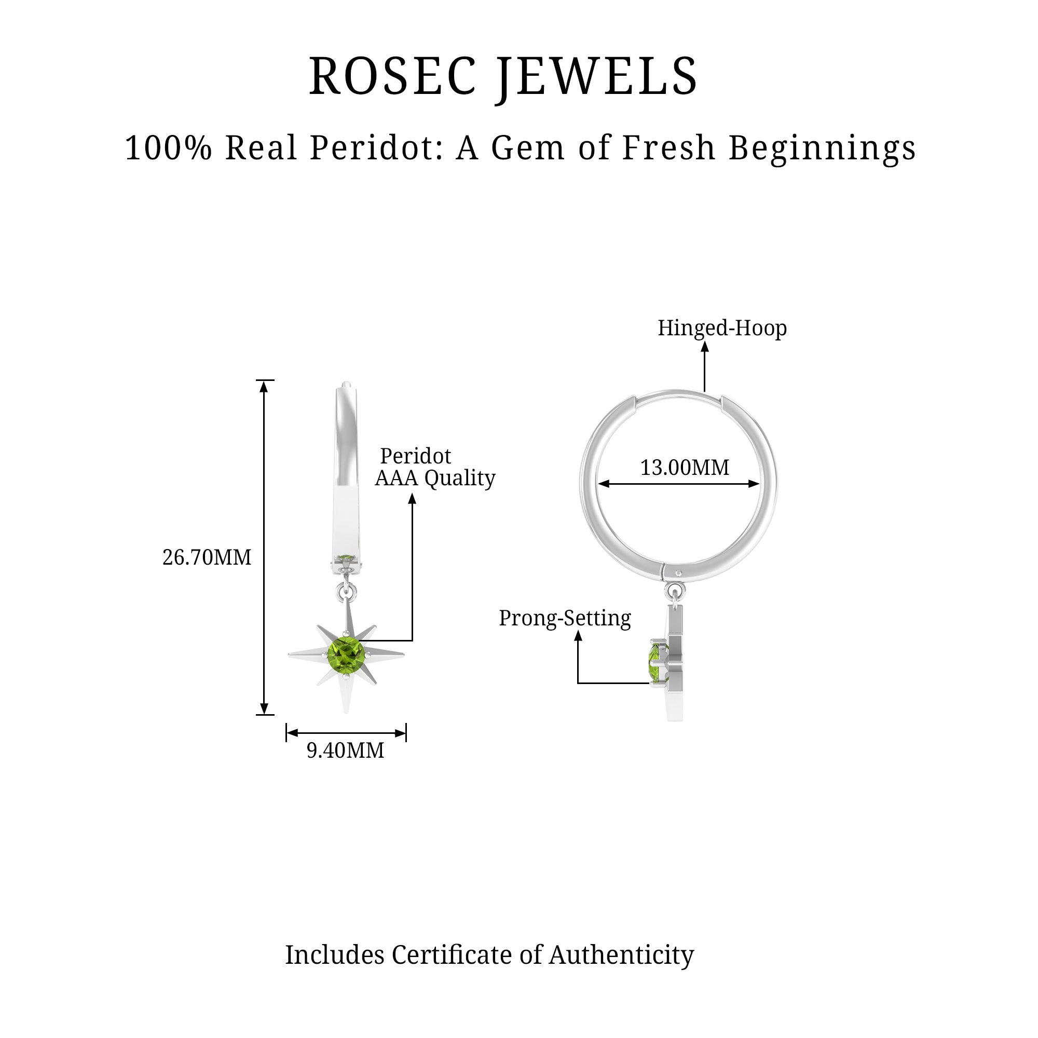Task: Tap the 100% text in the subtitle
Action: pyautogui.click(x=168, y=148)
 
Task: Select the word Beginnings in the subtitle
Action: pyautogui.click(x=822, y=148)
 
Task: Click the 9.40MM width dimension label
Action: pyautogui.click(x=346, y=750)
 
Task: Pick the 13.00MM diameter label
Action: pyautogui.click(x=685, y=468)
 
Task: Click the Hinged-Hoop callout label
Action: pyautogui.click(x=722, y=327)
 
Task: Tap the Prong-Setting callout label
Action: pyautogui.click(x=565, y=618)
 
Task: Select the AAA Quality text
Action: pyautogui.click(x=435, y=477)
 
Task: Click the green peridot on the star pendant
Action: pyautogui.click(x=347, y=654)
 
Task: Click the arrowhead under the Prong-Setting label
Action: pyautogui.click(x=578, y=635)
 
